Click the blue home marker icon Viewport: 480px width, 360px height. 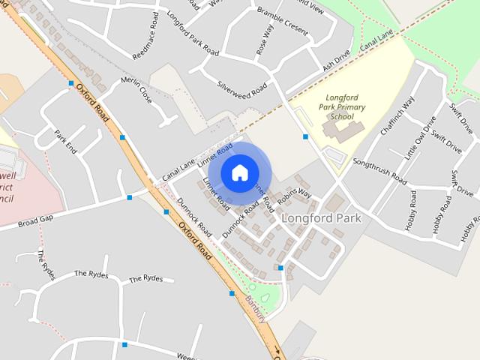tap(238, 172)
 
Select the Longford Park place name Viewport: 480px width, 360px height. tap(321, 218)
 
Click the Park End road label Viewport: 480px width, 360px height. tap(66, 142)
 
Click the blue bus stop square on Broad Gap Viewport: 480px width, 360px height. tap(130, 198)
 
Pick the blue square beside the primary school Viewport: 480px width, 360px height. tap(305, 136)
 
